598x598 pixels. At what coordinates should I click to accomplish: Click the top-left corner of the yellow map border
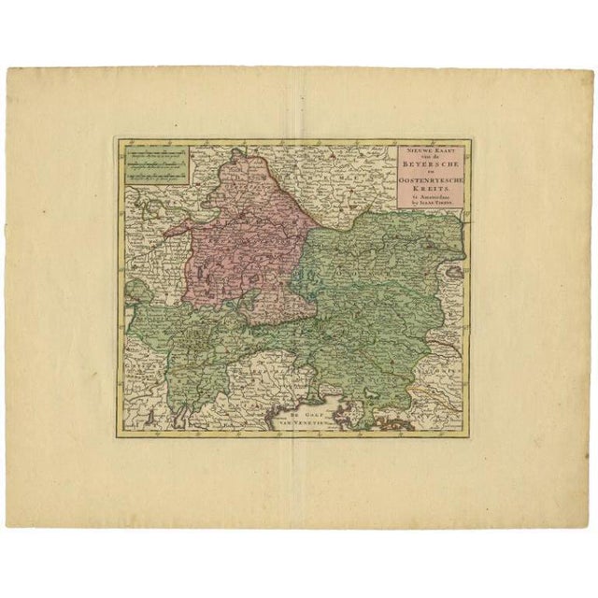coord(116,140)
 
